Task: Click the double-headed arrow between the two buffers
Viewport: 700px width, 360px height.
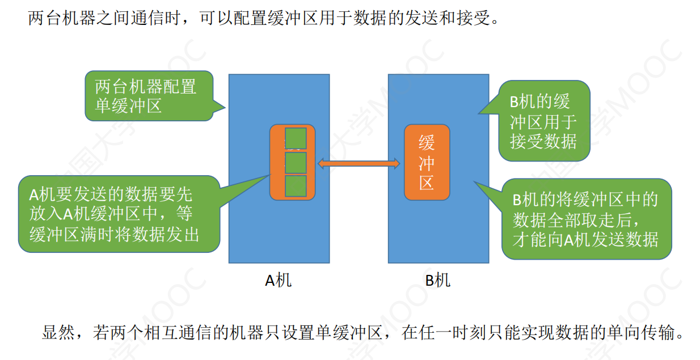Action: [359, 163]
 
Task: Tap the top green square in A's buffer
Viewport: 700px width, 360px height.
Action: [296, 138]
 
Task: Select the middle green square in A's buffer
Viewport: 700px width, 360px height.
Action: [296, 163]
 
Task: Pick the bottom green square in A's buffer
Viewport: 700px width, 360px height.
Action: [296, 186]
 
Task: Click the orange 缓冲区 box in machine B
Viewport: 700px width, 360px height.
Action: [427, 162]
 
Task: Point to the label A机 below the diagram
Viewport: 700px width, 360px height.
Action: [278, 280]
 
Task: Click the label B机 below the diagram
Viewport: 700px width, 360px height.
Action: [438, 280]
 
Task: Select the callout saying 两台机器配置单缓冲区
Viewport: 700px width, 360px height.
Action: [149, 96]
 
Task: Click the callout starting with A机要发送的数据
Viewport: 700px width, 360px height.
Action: [119, 214]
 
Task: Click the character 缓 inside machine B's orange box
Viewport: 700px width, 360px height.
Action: [427, 143]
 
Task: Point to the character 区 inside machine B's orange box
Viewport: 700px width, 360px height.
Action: [427, 183]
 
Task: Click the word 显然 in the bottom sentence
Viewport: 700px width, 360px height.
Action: [58, 332]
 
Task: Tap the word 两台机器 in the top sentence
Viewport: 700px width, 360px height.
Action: [62, 18]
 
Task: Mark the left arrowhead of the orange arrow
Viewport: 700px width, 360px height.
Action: [322, 163]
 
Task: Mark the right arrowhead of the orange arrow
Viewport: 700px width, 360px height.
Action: [397, 163]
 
